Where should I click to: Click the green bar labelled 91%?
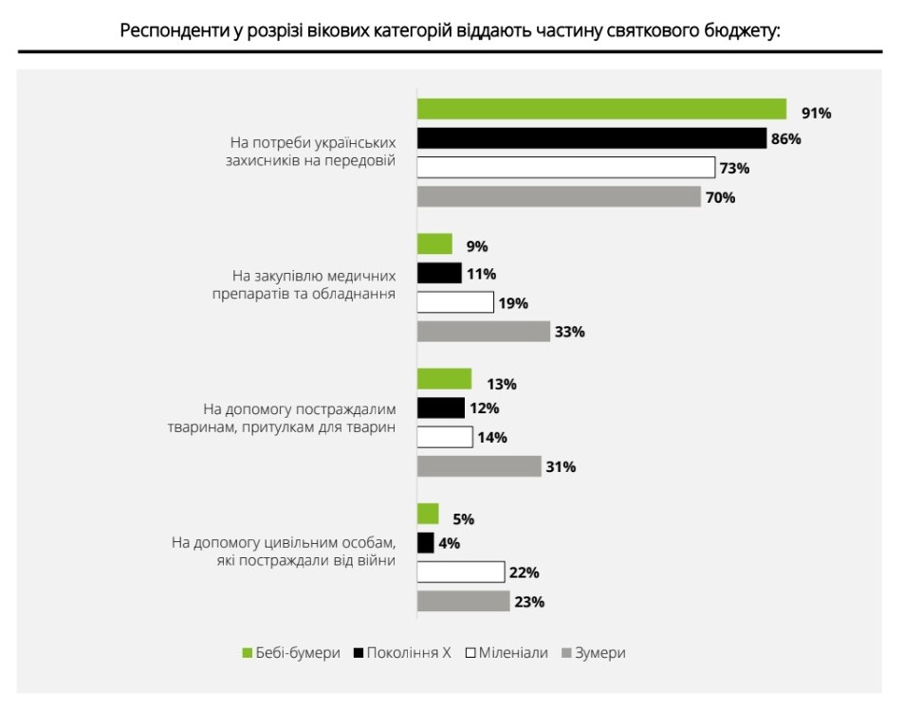[x=601, y=109]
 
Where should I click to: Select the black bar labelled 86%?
[x=591, y=138]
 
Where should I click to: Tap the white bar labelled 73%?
[x=566, y=168]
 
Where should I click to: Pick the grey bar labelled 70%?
[x=559, y=197]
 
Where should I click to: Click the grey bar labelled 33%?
[x=484, y=332]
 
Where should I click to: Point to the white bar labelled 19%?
[x=455, y=302]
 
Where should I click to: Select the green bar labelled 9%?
[x=435, y=245]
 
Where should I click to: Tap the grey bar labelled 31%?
[x=479, y=466]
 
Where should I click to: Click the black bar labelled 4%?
[x=426, y=543]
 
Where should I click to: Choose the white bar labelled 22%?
[x=461, y=571]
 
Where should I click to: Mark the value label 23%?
[x=528, y=602]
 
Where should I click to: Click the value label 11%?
[x=481, y=275]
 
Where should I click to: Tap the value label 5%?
[x=463, y=519]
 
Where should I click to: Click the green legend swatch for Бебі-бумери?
[x=249, y=653]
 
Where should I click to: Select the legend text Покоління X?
[x=410, y=653]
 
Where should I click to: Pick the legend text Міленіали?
[x=513, y=653]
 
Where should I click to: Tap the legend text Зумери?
[x=600, y=653]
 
